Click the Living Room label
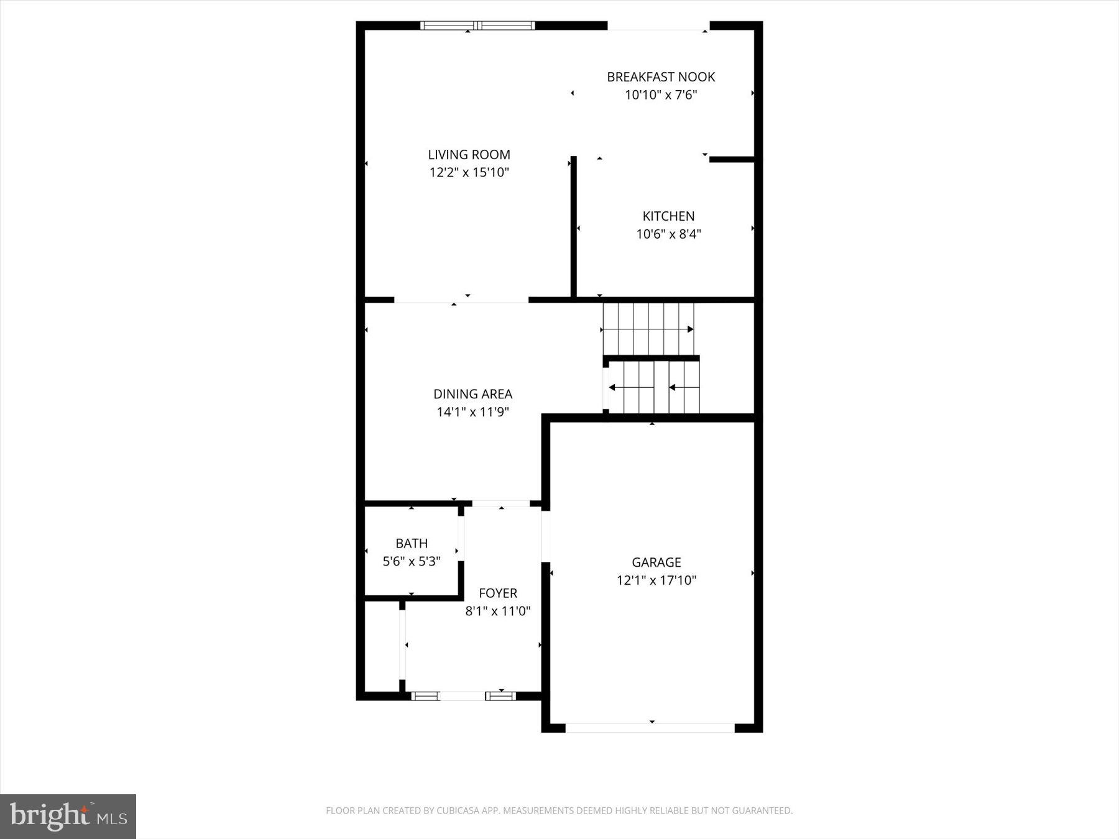[469, 155]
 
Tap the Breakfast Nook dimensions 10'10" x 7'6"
[661, 95]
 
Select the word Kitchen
[668, 216]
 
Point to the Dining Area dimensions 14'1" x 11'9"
[472, 412]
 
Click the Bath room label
[412, 543]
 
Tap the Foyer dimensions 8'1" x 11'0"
[497, 611]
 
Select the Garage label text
[656, 562]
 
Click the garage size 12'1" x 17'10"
[656, 580]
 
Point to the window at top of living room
[477, 25]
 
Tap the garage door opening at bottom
[650, 728]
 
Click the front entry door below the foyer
[463, 696]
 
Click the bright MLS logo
[68, 816]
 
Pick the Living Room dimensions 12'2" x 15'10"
[469, 173]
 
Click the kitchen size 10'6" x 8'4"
[668, 234]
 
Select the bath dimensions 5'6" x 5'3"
[412, 562]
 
